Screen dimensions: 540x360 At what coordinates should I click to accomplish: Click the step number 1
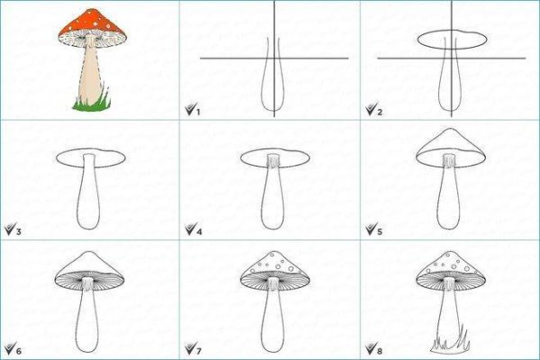click(x=198, y=112)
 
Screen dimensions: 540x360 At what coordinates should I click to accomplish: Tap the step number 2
click(x=380, y=112)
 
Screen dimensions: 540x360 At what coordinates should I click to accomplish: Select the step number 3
click(x=19, y=232)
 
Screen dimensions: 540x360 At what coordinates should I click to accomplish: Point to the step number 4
click(x=199, y=232)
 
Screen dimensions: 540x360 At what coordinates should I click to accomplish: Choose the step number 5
click(x=380, y=232)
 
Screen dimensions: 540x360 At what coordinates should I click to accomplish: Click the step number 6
click(x=19, y=351)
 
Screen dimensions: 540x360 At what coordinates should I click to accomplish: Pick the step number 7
click(x=199, y=351)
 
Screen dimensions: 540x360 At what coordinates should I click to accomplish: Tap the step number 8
click(x=380, y=351)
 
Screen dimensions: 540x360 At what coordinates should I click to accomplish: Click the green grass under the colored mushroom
click(x=92, y=104)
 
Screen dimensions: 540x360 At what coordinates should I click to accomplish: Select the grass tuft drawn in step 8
click(x=450, y=344)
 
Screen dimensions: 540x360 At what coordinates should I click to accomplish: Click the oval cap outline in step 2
click(x=452, y=49)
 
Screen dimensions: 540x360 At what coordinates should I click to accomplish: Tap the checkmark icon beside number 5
click(x=372, y=229)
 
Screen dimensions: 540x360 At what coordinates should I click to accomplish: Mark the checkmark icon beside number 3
click(x=10, y=229)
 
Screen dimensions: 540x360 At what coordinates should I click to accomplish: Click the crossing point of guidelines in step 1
click(x=274, y=58)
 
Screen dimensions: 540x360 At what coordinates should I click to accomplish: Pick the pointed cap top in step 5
click(x=451, y=129)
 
